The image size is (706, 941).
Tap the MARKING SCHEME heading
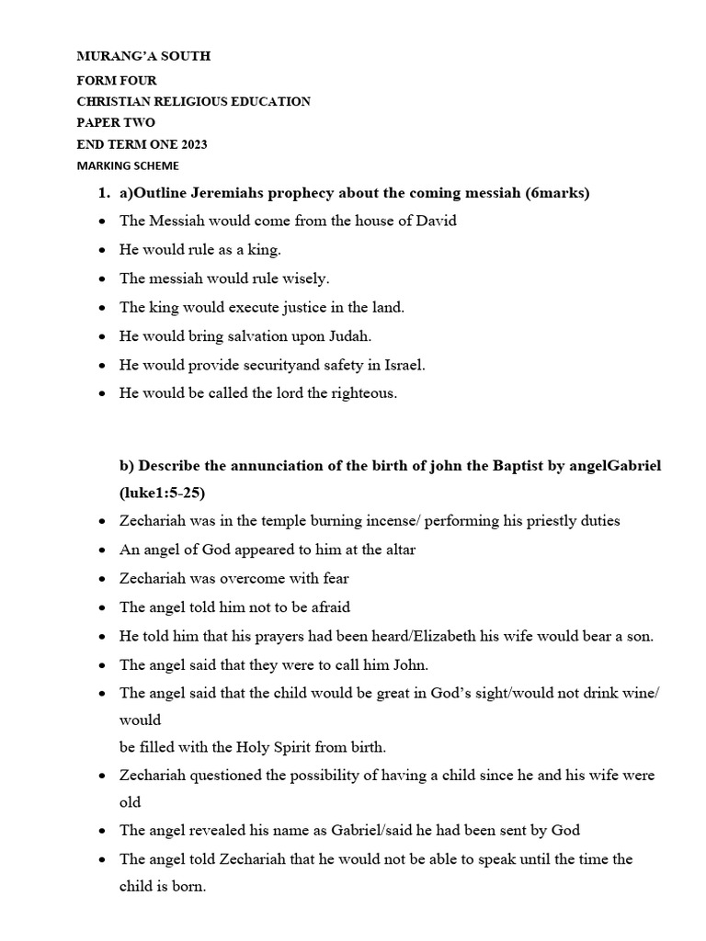pos(128,165)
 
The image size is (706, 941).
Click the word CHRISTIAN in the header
pos(117,101)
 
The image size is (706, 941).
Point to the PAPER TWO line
pos(116,122)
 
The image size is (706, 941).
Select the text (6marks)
pos(558,193)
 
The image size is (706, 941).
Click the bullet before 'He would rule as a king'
pos(100,250)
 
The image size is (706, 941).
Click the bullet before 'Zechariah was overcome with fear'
pos(100,579)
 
